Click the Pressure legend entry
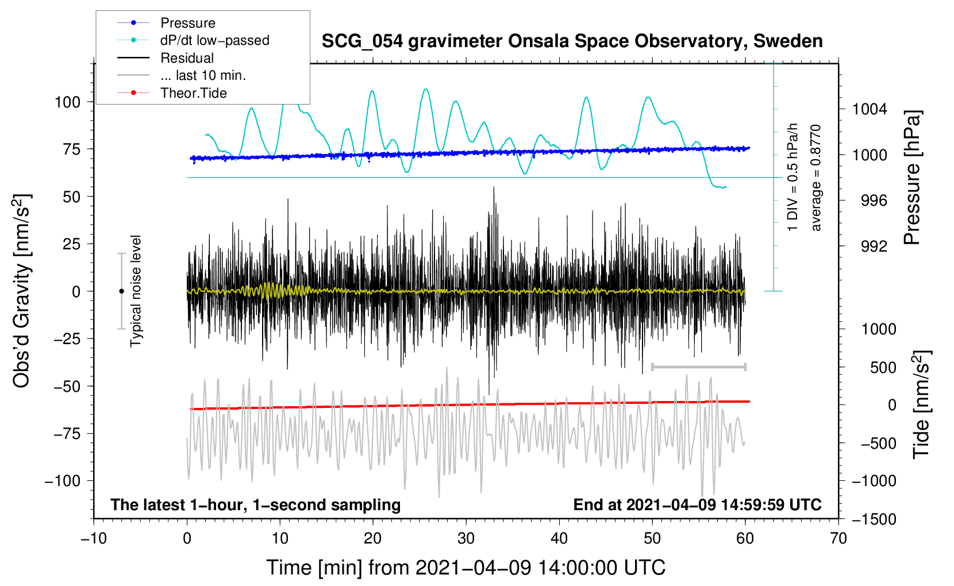[167, 22]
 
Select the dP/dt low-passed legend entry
[193, 40]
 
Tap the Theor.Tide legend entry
[172, 93]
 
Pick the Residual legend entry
[166, 58]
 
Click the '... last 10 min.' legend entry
[182, 75]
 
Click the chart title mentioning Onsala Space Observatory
[572, 41]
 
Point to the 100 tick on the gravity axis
[68, 102]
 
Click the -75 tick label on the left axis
[67, 434]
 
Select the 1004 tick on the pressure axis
[870, 110]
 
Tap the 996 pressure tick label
[874, 201]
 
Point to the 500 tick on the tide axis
[883, 367]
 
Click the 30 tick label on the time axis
[466, 539]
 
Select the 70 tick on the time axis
[838, 539]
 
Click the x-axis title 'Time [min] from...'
[466, 568]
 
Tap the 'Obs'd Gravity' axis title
[21, 291]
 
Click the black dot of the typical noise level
[121, 291]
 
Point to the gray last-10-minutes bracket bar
[698, 367]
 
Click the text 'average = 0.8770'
[815, 178]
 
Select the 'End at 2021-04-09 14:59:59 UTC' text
[697, 504]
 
